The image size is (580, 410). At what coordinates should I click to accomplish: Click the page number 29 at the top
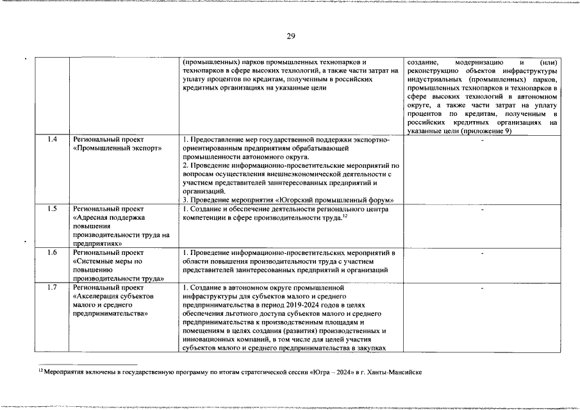click(290, 36)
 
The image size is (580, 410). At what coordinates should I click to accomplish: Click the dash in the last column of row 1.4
click(482, 140)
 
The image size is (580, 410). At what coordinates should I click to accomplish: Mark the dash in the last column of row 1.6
click(482, 254)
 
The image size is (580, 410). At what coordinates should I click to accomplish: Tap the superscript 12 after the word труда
click(345, 216)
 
